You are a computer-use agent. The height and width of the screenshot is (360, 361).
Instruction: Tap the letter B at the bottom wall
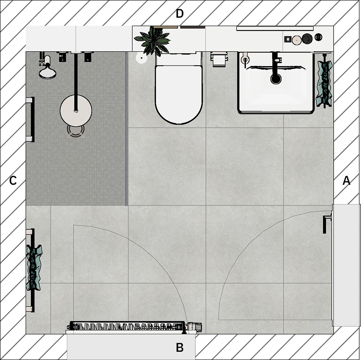(179, 347)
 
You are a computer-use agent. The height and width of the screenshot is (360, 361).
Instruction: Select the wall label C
(13, 180)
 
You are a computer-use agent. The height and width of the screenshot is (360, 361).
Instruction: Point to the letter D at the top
(179, 14)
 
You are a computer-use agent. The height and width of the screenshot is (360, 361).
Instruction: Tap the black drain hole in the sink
(276, 78)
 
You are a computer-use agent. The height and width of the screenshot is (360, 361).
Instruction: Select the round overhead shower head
(76, 111)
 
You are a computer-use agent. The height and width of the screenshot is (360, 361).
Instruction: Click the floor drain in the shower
(76, 131)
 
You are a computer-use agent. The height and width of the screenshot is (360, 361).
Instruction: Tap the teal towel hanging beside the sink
(325, 84)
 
